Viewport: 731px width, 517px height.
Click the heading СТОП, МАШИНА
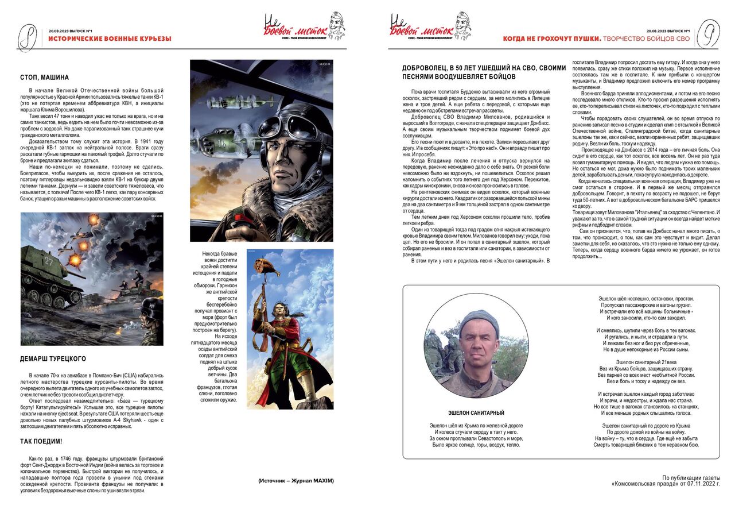pos(44,77)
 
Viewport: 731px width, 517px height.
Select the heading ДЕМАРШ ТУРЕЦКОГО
pos(53,359)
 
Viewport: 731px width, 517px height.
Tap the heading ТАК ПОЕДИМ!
pos(41,441)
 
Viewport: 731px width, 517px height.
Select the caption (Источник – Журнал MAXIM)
pos(295,480)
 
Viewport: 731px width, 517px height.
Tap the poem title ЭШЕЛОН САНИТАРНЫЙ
pos(476,413)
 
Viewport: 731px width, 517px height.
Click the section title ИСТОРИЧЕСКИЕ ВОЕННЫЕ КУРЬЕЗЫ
pos(110,39)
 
